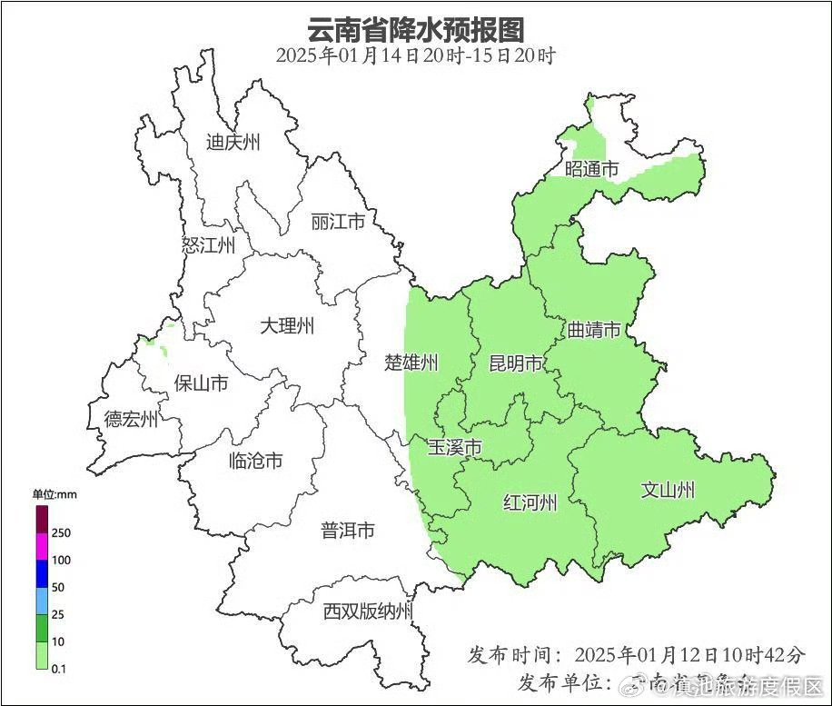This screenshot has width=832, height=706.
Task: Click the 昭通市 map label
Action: (591, 169)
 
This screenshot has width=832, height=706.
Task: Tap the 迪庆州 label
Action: (233, 142)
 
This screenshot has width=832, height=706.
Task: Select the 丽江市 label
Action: (338, 222)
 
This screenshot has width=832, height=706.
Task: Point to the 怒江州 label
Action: (208, 245)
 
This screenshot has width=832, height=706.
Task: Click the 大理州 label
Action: (287, 325)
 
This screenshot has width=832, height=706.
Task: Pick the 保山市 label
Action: (201, 383)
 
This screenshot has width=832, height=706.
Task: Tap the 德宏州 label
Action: (131, 419)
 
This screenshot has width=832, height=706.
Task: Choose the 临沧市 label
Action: (255, 461)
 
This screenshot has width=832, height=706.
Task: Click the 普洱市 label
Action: (348, 531)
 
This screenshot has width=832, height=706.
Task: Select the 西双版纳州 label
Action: (368, 611)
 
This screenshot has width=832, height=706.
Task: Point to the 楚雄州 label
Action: (411, 363)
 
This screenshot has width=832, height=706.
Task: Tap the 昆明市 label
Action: (515, 364)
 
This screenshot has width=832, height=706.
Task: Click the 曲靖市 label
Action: (594, 329)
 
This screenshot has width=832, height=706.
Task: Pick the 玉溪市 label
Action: (455, 448)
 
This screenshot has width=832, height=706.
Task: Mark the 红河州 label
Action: (530, 502)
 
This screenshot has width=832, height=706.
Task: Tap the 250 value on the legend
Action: (62, 532)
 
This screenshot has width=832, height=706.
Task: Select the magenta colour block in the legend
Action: (42, 547)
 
